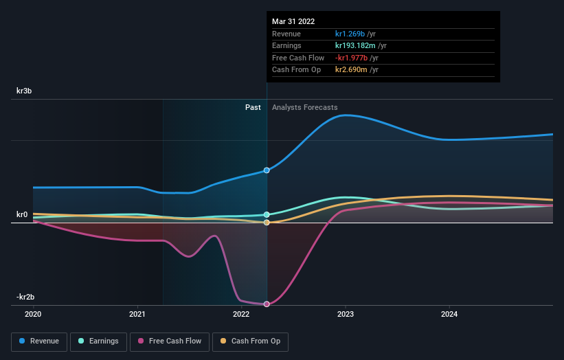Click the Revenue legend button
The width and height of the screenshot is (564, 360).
(38, 341)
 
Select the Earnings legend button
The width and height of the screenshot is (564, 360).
(98, 341)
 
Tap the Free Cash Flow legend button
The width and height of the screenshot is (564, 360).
(170, 341)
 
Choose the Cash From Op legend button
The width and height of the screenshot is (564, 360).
(250, 341)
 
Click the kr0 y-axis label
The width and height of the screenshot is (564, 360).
(22, 215)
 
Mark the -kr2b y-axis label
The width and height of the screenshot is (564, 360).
(25, 297)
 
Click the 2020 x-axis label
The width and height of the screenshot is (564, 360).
(33, 314)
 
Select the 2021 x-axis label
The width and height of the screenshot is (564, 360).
(137, 314)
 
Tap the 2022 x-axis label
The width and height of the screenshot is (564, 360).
(241, 314)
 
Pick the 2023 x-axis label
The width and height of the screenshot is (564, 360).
(346, 314)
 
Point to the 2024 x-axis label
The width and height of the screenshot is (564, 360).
(449, 314)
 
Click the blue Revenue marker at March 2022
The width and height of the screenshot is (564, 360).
(267, 170)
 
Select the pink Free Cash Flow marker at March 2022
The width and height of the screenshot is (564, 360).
(267, 304)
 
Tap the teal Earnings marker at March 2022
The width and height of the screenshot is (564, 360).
(267, 214)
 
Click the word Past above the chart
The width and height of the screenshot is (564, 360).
(253, 108)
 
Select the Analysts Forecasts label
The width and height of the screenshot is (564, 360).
(304, 108)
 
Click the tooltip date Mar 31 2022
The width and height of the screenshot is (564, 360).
(293, 21)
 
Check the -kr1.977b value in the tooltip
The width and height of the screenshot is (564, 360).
(352, 58)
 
